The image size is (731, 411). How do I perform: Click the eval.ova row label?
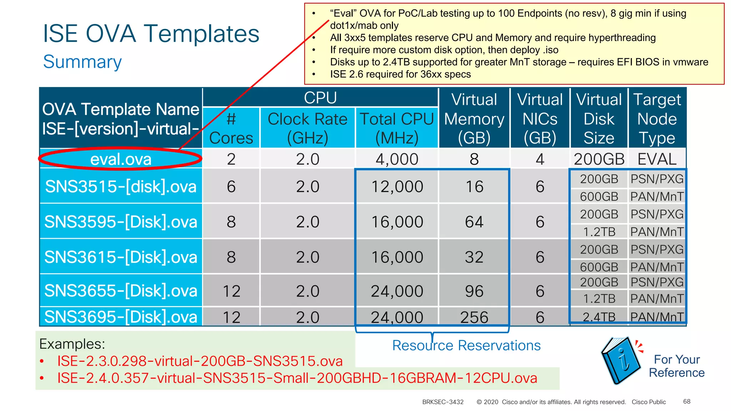(x=121, y=159)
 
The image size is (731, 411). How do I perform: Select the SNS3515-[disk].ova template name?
(x=121, y=187)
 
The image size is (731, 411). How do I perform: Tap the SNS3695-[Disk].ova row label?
(x=121, y=317)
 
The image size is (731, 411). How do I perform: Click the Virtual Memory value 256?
(x=474, y=317)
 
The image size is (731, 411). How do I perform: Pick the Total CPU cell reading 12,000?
(x=397, y=187)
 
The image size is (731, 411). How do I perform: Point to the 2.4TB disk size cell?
(x=599, y=317)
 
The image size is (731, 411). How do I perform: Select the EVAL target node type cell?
(x=657, y=159)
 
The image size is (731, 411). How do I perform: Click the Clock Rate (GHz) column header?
(x=307, y=128)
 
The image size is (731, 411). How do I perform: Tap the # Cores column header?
(x=231, y=128)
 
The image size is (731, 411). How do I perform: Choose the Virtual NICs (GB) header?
(x=540, y=118)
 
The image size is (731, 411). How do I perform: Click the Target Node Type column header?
(x=657, y=118)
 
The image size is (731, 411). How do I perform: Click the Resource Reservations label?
(x=466, y=345)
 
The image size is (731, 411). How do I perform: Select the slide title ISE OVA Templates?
(x=151, y=34)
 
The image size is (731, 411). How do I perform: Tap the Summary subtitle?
(x=82, y=62)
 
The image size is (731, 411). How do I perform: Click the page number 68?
(x=687, y=401)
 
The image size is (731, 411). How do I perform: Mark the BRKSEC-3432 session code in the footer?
(x=443, y=402)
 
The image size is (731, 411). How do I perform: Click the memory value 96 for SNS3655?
(x=474, y=291)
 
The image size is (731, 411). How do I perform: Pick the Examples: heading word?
(x=72, y=344)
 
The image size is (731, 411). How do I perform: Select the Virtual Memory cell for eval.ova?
(x=474, y=159)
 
